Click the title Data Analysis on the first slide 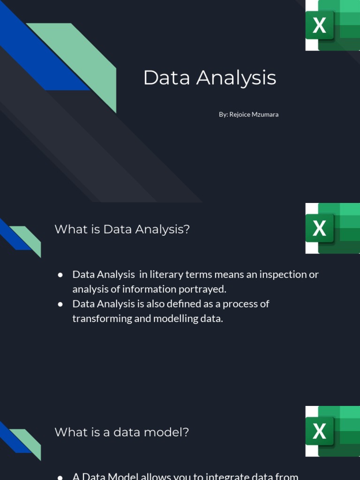210,78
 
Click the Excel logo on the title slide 332,25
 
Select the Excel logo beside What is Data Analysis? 332,228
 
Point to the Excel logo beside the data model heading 332,431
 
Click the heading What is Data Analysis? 122,229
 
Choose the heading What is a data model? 121,432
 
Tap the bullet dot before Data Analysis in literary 60,275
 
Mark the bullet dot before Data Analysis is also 60,304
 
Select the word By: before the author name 223,114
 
